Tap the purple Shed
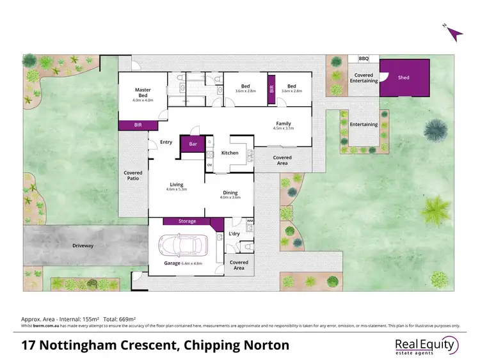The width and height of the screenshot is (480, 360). pyautogui.click(x=404, y=78)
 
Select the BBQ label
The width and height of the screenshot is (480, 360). pyautogui.click(x=364, y=58)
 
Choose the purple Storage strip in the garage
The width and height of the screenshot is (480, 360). pyautogui.click(x=188, y=221)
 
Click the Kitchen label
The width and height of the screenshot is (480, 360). pyautogui.click(x=230, y=153)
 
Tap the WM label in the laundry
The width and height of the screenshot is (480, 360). pyautogui.click(x=250, y=222)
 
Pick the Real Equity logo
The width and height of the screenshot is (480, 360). pyautogui.click(x=426, y=346)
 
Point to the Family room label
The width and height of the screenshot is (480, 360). pyautogui.click(x=283, y=123)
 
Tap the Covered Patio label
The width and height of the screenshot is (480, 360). pyautogui.click(x=133, y=176)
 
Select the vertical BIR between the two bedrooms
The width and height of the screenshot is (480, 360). pyautogui.click(x=271, y=90)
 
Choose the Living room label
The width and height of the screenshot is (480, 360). pyautogui.click(x=176, y=185)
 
